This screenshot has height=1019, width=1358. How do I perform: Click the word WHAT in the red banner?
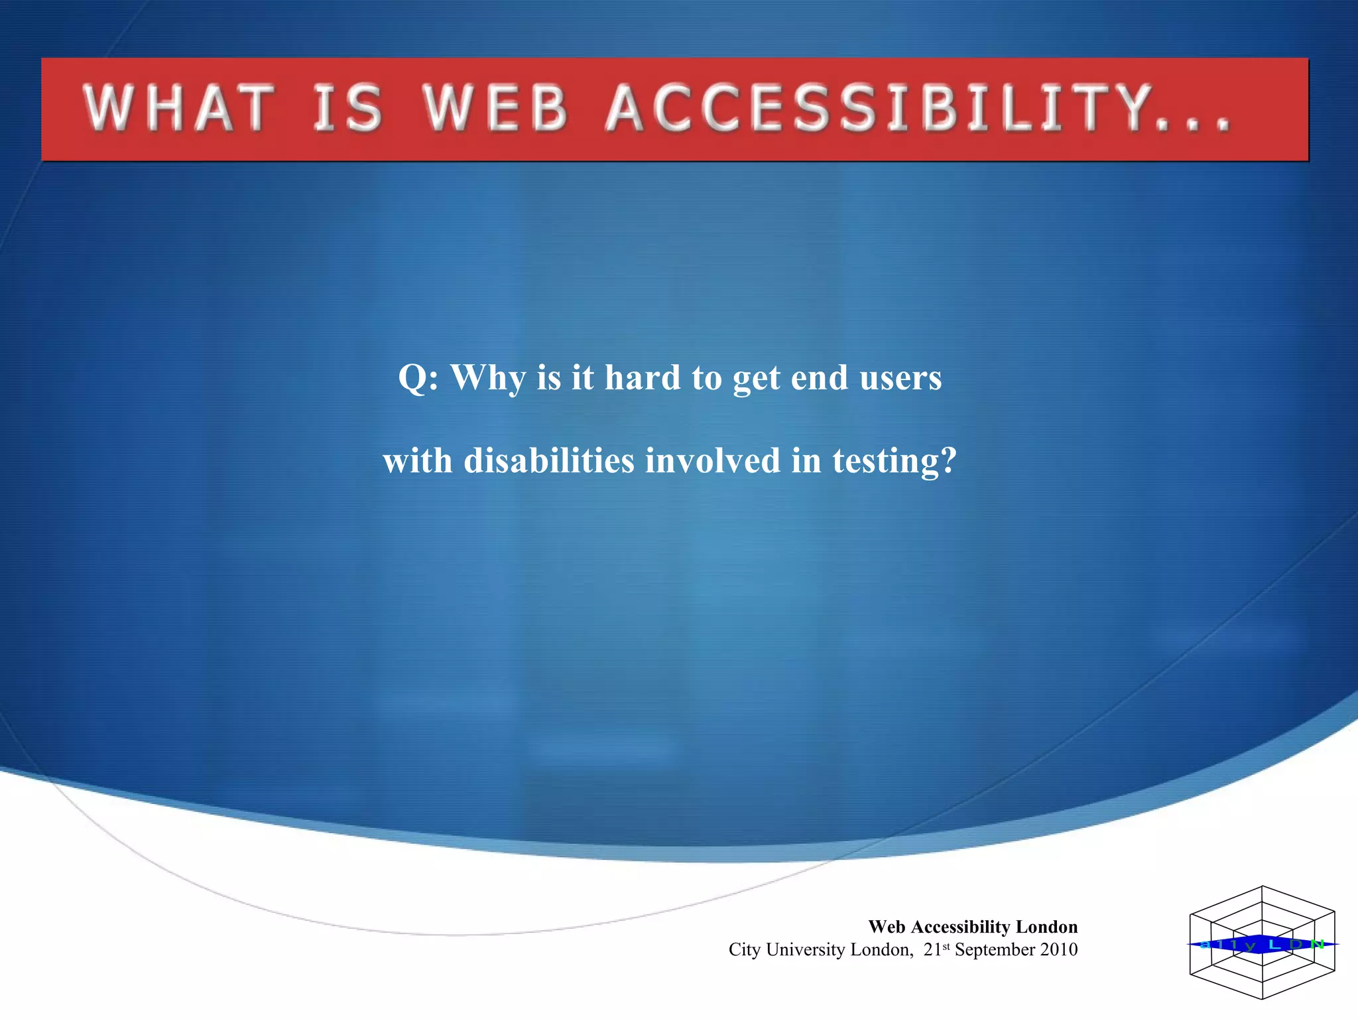point(178,108)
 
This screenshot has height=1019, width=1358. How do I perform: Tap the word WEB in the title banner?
point(496,108)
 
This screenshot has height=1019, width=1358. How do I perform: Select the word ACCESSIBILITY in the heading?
point(879,108)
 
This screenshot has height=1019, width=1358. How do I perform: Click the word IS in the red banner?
point(348,108)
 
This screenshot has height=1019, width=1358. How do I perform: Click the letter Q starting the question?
point(413,378)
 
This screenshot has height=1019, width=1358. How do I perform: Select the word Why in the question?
point(488,378)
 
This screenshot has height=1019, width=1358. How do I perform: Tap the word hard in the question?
point(643,378)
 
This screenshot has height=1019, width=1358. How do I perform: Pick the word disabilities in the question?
point(549,460)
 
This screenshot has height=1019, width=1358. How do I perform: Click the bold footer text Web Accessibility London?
point(973,927)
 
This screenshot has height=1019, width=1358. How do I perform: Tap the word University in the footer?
point(806,950)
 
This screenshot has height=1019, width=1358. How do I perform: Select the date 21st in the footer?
point(936,949)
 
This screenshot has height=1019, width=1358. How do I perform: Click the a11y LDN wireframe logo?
point(1262,943)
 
